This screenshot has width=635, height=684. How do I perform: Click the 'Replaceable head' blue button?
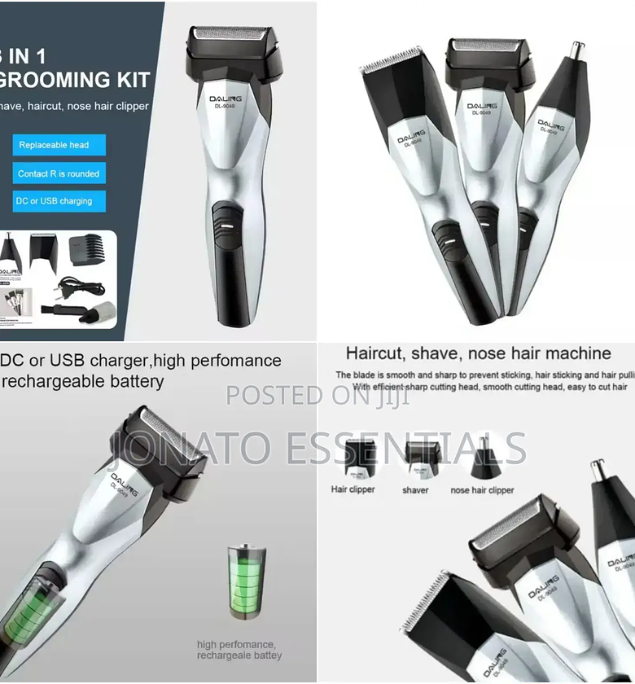pos(54,145)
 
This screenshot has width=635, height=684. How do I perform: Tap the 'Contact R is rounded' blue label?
pos(59,173)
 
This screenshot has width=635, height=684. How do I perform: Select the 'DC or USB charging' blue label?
pos(55,201)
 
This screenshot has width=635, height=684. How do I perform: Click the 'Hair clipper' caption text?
pos(353,489)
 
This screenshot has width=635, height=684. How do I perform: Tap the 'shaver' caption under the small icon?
pos(415,490)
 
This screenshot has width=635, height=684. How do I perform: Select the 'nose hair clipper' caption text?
pos(482,490)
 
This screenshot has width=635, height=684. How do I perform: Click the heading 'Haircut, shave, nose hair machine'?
pos(478,353)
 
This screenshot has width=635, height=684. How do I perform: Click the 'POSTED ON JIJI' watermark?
pos(317,395)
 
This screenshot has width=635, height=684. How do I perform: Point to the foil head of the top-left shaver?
pos(229,36)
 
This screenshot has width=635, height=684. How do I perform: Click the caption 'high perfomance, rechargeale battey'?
pos(239,650)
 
